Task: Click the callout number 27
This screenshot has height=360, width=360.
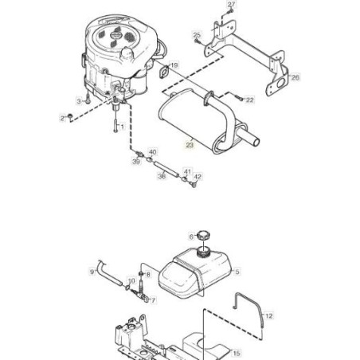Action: coord(232,6)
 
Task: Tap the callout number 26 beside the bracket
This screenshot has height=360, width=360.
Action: coord(295,77)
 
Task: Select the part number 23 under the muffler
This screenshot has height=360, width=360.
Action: coord(190,145)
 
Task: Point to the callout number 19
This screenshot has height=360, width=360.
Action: coord(174,65)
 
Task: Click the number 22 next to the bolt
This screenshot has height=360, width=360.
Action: coord(249,100)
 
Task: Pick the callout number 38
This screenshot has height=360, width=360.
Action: coord(162,176)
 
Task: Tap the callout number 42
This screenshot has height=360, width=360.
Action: coord(198,177)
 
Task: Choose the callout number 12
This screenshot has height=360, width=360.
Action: coord(269,316)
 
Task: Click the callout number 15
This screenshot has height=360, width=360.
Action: coord(237,352)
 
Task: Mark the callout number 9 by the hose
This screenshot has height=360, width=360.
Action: coord(92,272)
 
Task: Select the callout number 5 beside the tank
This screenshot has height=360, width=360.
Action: coord(237,272)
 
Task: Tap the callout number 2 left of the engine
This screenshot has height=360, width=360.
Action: coord(62,119)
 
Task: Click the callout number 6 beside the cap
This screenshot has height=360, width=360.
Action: coord(191,236)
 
